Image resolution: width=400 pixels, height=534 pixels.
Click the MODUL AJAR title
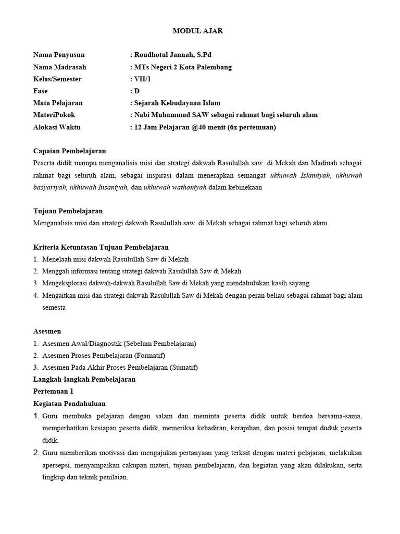(x=197, y=31)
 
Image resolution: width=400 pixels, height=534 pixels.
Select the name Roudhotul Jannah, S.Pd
(x=173, y=55)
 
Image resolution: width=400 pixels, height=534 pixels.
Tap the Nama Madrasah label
(x=60, y=67)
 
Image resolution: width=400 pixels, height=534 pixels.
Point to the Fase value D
(x=137, y=91)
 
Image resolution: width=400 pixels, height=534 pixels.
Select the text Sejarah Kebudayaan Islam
(x=177, y=103)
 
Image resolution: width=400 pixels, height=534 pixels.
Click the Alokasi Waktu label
(x=57, y=127)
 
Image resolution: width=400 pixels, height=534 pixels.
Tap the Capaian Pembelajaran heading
(x=69, y=151)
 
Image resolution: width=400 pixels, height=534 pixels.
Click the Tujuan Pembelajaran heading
(x=68, y=211)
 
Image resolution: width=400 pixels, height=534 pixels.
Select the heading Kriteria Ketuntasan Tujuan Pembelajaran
(x=101, y=247)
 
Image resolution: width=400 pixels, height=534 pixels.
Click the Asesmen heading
(x=47, y=331)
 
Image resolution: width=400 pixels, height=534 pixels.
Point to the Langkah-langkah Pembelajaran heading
(x=84, y=379)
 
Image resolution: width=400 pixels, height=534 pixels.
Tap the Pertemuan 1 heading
(x=53, y=391)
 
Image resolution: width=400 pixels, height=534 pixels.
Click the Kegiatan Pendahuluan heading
(x=69, y=403)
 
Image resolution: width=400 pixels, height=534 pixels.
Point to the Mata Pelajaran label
(x=58, y=103)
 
